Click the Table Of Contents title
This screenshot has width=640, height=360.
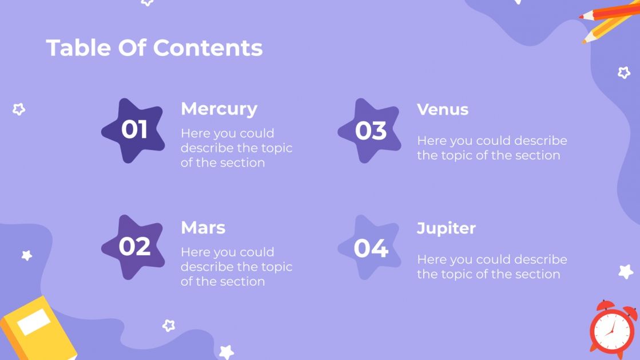click(x=154, y=48)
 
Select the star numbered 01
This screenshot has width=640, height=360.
click(x=134, y=130)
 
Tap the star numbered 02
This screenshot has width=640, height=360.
click(x=134, y=247)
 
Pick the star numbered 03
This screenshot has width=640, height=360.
click(x=370, y=130)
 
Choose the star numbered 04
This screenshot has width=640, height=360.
click(x=370, y=248)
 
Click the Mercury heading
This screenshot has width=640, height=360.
click(x=219, y=109)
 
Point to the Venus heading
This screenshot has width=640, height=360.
click(x=443, y=109)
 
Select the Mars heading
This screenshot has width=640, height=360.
click(x=203, y=227)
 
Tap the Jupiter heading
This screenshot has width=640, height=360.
click(x=446, y=228)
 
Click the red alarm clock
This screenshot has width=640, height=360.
click(x=612, y=330)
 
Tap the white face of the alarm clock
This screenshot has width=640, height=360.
click(x=612, y=333)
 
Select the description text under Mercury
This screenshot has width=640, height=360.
click(x=236, y=148)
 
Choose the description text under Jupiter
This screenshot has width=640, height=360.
click(x=492, y=267)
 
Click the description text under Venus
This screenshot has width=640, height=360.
click(x=492, y=148)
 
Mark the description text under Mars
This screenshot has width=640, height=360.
click(x=236, y=267)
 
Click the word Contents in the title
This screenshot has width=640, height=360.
click(x=208, y=48)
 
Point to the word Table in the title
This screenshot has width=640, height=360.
click(x=78, y=48)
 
